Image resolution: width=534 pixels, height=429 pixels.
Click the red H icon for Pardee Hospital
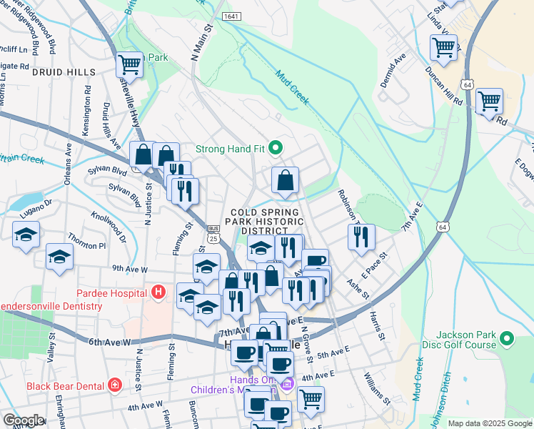pyautogui.click(x=158, y=292)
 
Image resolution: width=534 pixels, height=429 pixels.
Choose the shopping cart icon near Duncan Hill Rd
pyautogui.click(x=489, y=102)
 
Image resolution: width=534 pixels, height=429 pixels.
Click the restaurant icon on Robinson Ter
pyautogui.click(x=362, y=237)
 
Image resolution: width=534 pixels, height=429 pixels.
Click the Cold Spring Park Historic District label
pyautogui.click(x=263, y=222)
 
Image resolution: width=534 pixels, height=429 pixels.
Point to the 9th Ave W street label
pyautogui.click(x=129, y=270)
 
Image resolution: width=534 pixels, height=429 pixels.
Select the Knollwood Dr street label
pyautogui.click(x=107, y=227)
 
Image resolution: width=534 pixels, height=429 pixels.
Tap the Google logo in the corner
pyautogui.click(x=23, y=420)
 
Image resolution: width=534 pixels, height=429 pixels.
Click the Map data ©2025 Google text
pyautogui.click(x=489, y=423)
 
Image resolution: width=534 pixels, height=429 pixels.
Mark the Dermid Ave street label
pyautogui.click(x=392, y=68)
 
